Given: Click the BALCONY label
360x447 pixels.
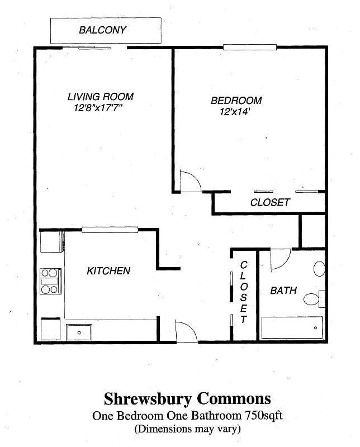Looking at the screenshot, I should pyautogui.click(x=102, y=30).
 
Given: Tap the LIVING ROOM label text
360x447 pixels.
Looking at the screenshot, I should pyautogui.click(x=100, y=97).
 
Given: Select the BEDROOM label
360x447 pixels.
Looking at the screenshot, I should pyautogui.click(x=236, y=101).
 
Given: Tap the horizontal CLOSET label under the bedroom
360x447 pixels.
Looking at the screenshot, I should pyautogui.click(x=270, y=202).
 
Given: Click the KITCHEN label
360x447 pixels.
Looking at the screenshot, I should pyautogui.click(x=108, y=271).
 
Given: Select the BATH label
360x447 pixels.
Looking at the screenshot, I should pyautogui.click(x=283, y=291).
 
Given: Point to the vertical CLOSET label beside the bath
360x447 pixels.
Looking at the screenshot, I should pyautogui.click(x=244, y=292).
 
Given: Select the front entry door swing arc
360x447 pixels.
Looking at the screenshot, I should pyautogui.click(x=187, y=331).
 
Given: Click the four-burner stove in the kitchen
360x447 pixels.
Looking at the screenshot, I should pyautogui.click(x=50, y=281).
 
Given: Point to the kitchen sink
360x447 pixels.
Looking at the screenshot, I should pyautogui.click(x=79, y=332).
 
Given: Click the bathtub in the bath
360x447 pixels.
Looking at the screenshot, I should pyautogui.click(x=292, y=327).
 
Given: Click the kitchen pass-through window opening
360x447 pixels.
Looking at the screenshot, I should pyautogui.click(x=110, y=229).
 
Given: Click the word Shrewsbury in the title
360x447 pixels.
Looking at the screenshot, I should pyautogui.click(x=145, y=399).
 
